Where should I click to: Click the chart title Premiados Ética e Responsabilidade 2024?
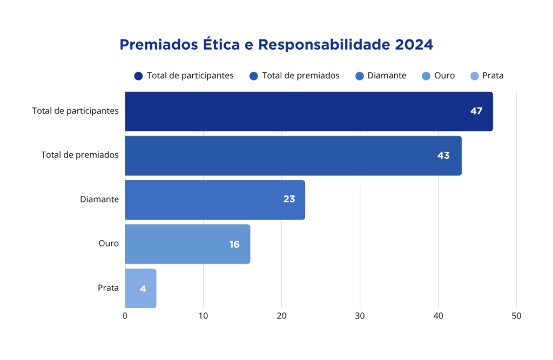[276, 44]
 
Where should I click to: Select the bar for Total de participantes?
[308, 111]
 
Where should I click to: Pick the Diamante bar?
[214, 200]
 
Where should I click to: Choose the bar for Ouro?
[187, 244]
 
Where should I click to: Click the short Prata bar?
[140, 288]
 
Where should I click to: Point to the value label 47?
[476, 111]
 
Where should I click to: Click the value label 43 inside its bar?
[443, 155]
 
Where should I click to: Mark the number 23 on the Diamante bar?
[289, 199]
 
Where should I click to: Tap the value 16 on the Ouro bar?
[234, 244]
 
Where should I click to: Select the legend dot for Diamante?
[360, 76]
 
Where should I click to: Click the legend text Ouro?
[444, 76]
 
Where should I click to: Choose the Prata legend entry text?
[493, 76]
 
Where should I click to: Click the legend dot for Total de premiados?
[254, 76]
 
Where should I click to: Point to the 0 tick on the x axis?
[125, 316]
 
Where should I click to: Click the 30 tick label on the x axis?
[360, 316]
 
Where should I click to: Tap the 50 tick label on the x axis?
[516, 316]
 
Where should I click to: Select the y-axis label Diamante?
[99, 199]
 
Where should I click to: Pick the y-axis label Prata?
[108, 288]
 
